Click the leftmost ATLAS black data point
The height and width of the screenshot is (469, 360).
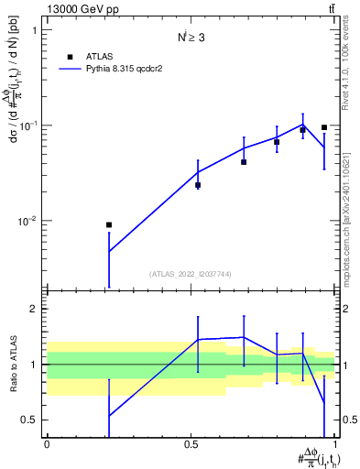[x=109, y=224]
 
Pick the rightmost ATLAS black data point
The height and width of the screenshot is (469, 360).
[x=324, y=127]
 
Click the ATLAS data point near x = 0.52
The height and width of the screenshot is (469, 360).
[x=198, y=185]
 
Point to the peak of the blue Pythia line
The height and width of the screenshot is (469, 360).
[x=303, y=125]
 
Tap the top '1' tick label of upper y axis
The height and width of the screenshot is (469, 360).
[x=35, y=30]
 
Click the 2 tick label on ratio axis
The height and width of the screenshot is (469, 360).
[x=35, y=309]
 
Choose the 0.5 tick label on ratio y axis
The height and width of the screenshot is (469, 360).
[x=30, y=420]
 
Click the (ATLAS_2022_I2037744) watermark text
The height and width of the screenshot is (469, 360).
[x=191, y=274]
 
